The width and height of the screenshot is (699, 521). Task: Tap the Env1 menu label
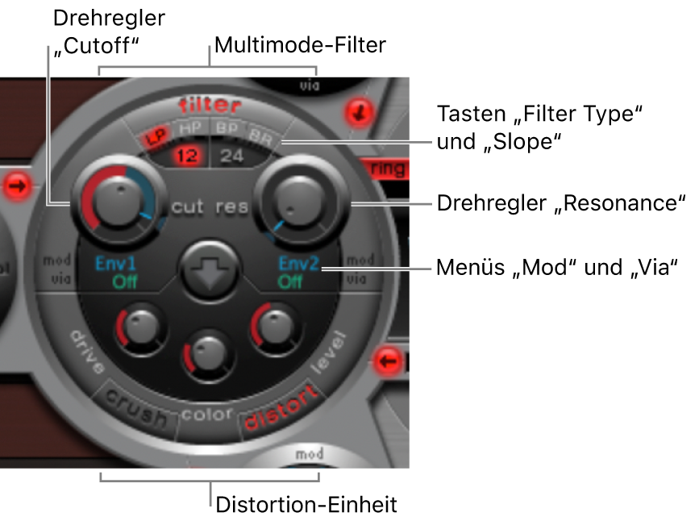click(x=115, y=263)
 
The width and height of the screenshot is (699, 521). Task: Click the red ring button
click(x=389, y=169)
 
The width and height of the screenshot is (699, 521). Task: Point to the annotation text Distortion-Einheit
click(x=306, y=505)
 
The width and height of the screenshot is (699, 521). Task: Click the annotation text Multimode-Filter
click(x=301, y=46)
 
